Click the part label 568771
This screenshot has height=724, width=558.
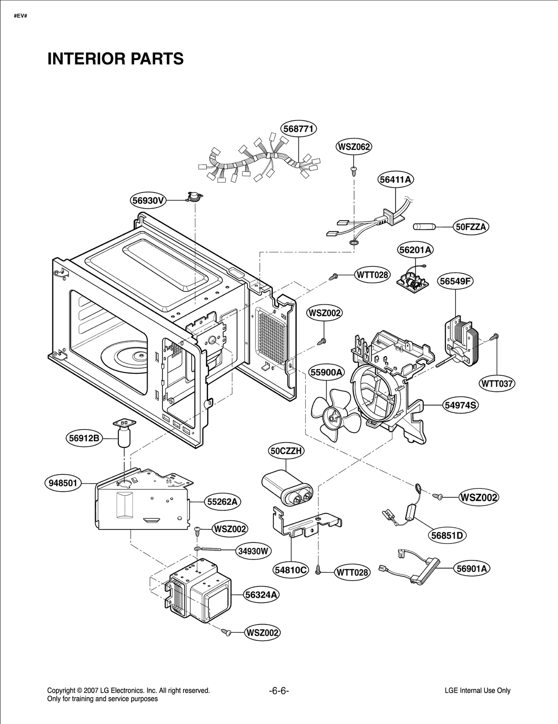(299, 129)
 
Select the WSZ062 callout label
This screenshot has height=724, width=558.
(354, 147)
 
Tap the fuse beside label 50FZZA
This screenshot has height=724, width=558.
(423, 227)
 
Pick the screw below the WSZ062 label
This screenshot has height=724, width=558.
(354, 170)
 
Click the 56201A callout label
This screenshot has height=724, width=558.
(415, 250)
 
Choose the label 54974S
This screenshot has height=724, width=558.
(461, 405)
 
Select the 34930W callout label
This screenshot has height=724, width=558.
(253, 551)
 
